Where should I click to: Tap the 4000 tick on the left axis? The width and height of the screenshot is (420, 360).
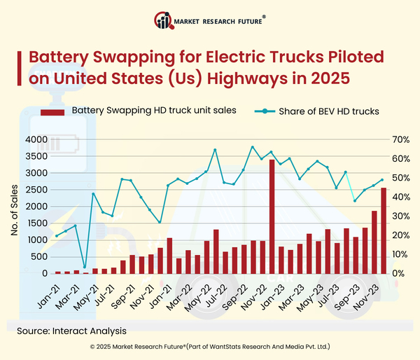[35, 139]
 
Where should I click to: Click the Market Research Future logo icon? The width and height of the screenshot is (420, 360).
[164, 22]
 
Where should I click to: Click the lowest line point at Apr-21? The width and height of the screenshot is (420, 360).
[85, 267]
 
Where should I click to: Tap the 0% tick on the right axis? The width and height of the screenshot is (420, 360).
[398, 274]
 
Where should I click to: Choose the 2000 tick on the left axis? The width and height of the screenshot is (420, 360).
[35, 207]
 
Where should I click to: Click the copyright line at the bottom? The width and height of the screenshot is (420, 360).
[210, 347]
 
